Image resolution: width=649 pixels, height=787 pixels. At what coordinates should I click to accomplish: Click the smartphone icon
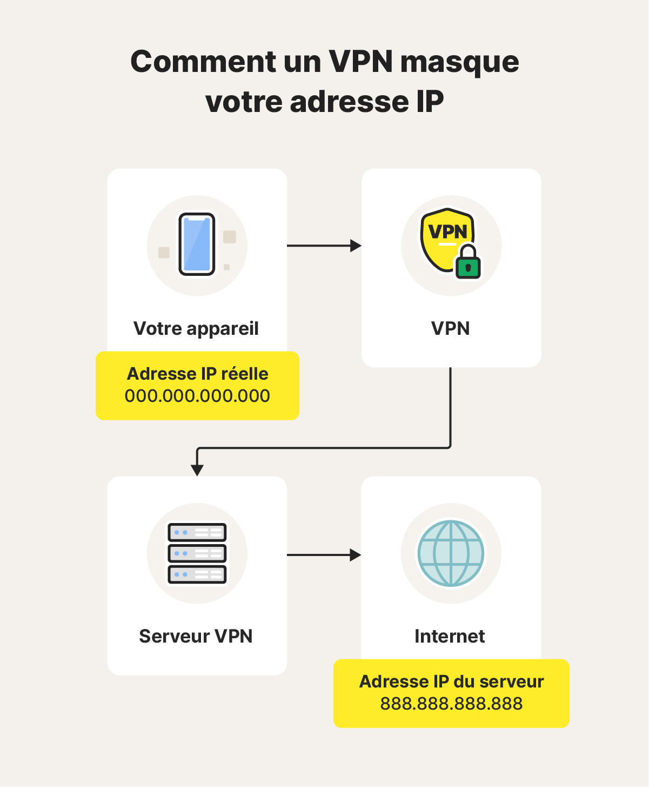(197, 244)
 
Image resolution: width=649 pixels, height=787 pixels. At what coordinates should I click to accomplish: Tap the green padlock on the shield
(468, 263)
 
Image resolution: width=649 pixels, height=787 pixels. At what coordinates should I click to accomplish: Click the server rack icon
(197, 553)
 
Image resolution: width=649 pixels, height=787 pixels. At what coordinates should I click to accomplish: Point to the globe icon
(451, 553)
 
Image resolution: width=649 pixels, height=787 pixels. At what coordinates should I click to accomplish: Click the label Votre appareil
(196, 328)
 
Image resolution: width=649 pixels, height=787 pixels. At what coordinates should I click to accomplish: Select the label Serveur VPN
(196, 636)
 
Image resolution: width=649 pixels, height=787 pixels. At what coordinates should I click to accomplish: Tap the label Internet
(450, 636)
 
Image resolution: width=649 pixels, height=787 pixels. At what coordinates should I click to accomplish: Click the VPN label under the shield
(450, 328)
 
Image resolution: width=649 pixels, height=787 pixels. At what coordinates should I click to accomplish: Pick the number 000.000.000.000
(197, 396)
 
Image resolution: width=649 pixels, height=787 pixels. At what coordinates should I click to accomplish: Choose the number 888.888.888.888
(451, 704)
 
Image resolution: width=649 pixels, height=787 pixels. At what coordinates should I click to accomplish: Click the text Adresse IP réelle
(198, 374)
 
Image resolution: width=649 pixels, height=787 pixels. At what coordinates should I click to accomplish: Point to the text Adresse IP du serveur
(451, 682)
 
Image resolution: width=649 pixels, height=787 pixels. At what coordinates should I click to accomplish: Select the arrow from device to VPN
(323, 246)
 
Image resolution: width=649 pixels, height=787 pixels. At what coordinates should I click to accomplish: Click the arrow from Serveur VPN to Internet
(323, 555)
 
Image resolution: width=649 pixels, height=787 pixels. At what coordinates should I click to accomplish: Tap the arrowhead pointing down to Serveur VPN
(197, 469)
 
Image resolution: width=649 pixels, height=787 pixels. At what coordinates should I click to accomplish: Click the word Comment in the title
(203, 62)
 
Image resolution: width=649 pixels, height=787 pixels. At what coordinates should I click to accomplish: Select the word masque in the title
(459, 63)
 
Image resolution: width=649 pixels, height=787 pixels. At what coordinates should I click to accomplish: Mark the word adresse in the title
(349, 102)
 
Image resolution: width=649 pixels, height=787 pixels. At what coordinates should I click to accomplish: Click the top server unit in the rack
(197, 533)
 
